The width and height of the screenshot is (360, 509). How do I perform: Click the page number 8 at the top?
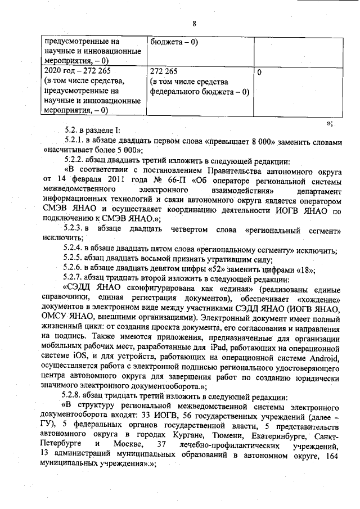click(x=194, y=24)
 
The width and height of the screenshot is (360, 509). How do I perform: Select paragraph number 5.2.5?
click(x=75, y=259)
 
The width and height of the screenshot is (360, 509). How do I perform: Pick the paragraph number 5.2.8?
click(x=75, y=397)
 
